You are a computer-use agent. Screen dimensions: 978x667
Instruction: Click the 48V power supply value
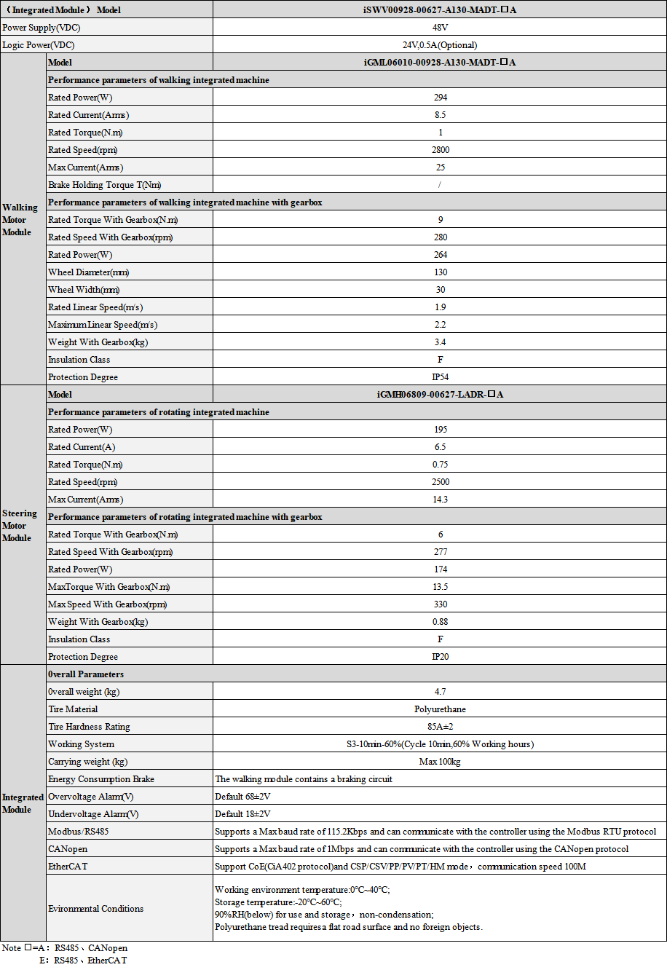pos(440,28)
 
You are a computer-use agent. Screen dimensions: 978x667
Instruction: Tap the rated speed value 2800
pos(440,150)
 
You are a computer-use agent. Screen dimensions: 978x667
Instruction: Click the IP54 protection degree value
pos(440,377)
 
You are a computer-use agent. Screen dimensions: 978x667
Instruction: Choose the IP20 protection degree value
pos(440,657)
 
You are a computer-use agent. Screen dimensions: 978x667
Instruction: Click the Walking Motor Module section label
pos(20,220)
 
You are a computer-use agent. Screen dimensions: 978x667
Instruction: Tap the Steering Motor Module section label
pos(20,526)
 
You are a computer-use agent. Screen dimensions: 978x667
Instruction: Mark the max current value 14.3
pos(440,500)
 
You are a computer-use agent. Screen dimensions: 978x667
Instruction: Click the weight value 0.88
pos(440,622)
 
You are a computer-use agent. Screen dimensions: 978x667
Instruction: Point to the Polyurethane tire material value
pos(440,709)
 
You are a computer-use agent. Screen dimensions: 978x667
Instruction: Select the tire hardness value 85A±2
pos(440,727)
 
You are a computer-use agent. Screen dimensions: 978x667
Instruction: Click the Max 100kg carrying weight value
pos(440,762)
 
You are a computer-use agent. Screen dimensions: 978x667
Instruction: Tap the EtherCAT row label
pos(68,867)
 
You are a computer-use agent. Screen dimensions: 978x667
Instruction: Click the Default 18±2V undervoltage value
pos(242,814)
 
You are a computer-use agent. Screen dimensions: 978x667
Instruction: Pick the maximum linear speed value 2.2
pos(440,325)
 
